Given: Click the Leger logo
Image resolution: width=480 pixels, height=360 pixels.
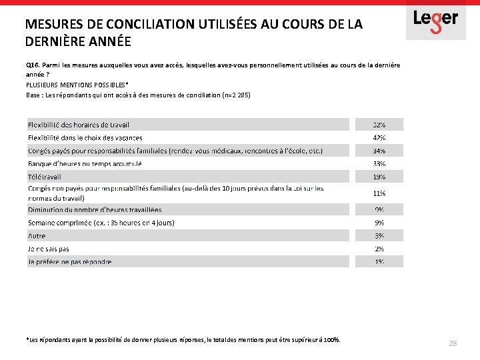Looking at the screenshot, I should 435,20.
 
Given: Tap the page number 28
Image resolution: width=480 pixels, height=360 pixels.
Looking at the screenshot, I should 453,343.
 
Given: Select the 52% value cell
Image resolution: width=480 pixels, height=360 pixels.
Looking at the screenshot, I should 379,125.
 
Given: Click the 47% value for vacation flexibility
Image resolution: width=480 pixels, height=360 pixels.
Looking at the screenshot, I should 379,138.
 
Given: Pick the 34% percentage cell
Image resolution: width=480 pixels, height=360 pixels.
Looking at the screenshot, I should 379,151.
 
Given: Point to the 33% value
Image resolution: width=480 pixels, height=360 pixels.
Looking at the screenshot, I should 379,164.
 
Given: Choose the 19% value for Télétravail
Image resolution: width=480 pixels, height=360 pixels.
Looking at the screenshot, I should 379,177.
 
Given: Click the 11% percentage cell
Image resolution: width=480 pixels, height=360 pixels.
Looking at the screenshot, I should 379,193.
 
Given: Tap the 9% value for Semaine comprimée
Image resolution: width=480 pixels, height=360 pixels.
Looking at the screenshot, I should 379,223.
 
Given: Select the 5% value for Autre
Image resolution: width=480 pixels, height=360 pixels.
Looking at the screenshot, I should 379,236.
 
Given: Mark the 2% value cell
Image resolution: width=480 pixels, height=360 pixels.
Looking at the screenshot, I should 379,249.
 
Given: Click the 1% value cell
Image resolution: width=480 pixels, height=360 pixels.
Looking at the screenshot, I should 379,262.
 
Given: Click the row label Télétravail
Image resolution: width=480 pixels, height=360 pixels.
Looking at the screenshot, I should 44,177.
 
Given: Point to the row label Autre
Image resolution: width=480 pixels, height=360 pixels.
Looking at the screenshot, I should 37,236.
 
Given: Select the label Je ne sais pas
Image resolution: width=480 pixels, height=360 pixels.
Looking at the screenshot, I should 49,249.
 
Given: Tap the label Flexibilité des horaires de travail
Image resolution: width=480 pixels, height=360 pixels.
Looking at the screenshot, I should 79,125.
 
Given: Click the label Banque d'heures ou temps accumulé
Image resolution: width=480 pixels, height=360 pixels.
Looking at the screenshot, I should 85,164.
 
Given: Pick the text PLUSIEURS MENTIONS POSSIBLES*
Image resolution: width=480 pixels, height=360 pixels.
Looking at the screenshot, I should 76,85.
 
